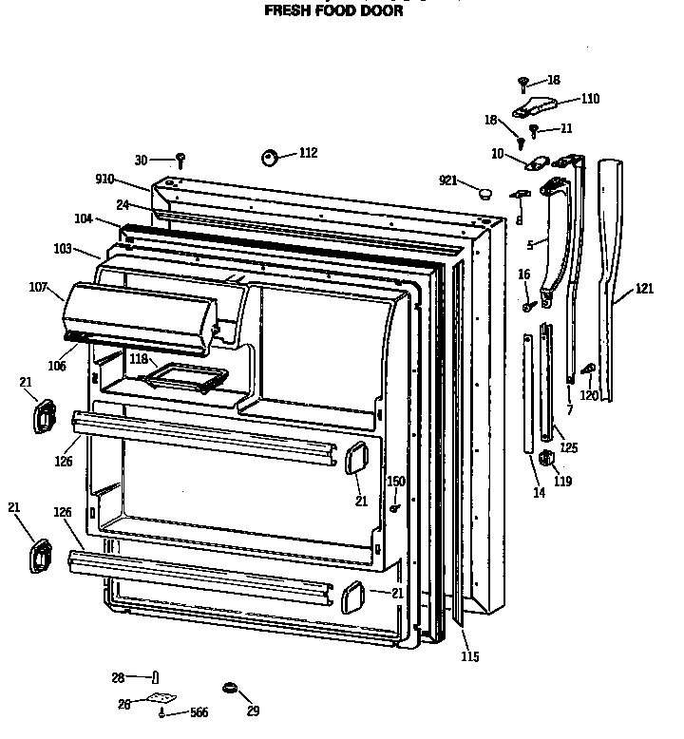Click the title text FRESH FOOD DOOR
coord(332,12)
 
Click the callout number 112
coord(308,153)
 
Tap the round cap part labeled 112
coord(269,157)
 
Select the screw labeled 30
coord(180,160)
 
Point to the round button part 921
coord(485,194)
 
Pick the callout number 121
coord(645,289)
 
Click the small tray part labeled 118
coord(185,378)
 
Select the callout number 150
coord(396,482)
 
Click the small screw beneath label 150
coord(393,508)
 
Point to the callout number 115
coord(469,656)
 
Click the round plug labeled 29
coord(229,687)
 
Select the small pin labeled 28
coord(152,677)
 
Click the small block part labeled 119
coord(545,459)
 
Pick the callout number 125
coord(569,446)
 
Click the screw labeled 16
coord(528,306)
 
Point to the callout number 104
coord(85,218)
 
